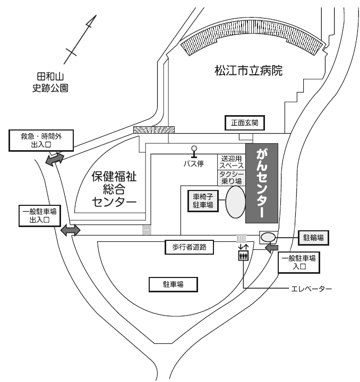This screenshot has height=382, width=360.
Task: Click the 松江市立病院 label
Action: click(248, 70)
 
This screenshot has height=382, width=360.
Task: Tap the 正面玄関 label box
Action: click(244, 123)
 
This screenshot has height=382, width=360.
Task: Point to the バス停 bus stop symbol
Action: click(194, 152)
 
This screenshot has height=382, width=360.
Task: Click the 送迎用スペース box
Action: click(231, 162)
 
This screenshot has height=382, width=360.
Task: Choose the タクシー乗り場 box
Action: click(231, 177)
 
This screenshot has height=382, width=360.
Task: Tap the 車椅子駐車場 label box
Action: click(203, 202)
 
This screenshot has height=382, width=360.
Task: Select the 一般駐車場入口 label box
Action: click(299, 262)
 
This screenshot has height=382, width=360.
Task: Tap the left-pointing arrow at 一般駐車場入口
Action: click(272, 248)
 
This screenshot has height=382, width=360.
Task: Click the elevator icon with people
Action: click(243, 256)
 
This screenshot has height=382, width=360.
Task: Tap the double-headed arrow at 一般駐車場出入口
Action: click(70, 230)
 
